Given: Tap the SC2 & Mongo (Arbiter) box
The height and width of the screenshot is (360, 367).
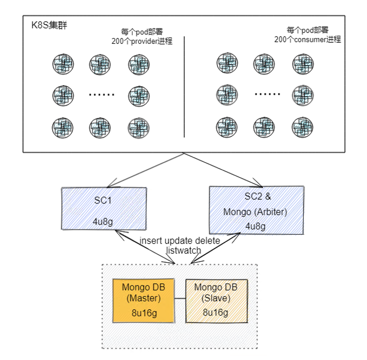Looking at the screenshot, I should click(257, 209).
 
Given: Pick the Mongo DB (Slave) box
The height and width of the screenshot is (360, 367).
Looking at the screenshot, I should click(215, 300).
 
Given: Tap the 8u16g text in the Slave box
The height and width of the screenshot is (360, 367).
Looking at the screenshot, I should click(215, 313).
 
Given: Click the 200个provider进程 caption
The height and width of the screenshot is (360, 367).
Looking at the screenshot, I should click(142, 41).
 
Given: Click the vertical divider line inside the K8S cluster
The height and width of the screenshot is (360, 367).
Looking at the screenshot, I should click(184, 87).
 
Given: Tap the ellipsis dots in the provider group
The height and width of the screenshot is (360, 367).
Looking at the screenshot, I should click(101, 96).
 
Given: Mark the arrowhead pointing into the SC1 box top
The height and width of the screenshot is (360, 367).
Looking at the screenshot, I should click(109, 186).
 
